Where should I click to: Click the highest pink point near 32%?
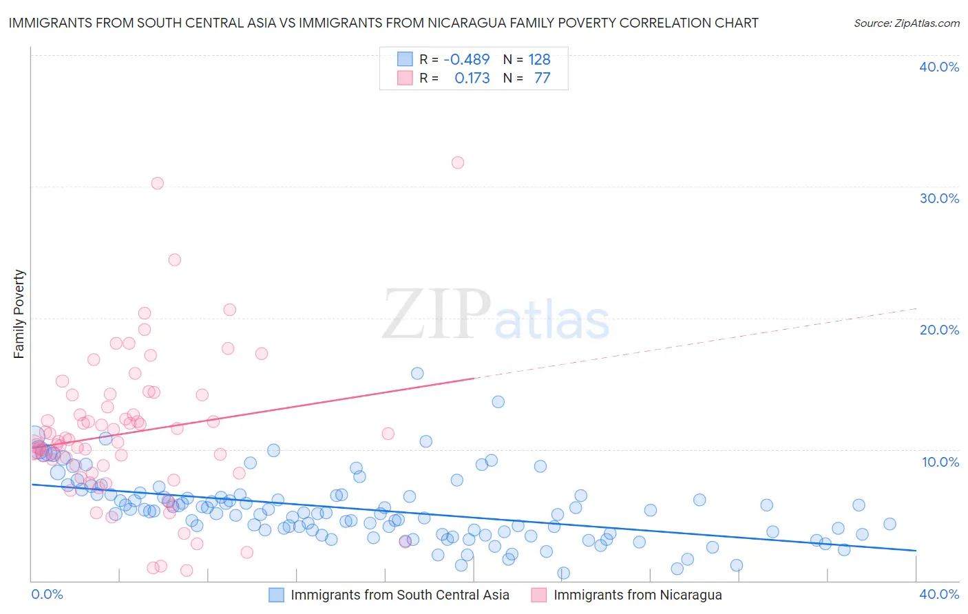click(458, 163)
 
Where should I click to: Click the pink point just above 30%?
click(158, 183)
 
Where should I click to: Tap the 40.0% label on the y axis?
click(939, 67)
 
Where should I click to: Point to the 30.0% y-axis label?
click(939, 198)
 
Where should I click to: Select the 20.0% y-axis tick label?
click(939, 330)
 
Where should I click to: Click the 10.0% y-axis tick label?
click(940, 462)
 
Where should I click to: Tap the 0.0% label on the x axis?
click(47, 594)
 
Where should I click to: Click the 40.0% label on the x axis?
click(939, 594)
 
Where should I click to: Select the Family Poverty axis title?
click(19, 314)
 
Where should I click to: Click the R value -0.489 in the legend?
click(466, 59)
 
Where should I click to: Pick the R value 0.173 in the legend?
click(472, 78)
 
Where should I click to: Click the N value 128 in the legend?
click(539, 59)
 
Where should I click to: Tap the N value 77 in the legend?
click(542, 78)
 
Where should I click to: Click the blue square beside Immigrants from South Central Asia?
click(276, 595)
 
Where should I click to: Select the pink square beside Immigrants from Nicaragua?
click(539, 595)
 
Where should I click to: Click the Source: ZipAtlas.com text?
click(906, 23)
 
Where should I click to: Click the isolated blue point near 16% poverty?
click(417, 374)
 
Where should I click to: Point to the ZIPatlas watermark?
click(496, 315)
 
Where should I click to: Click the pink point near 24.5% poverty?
click(175, 260)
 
